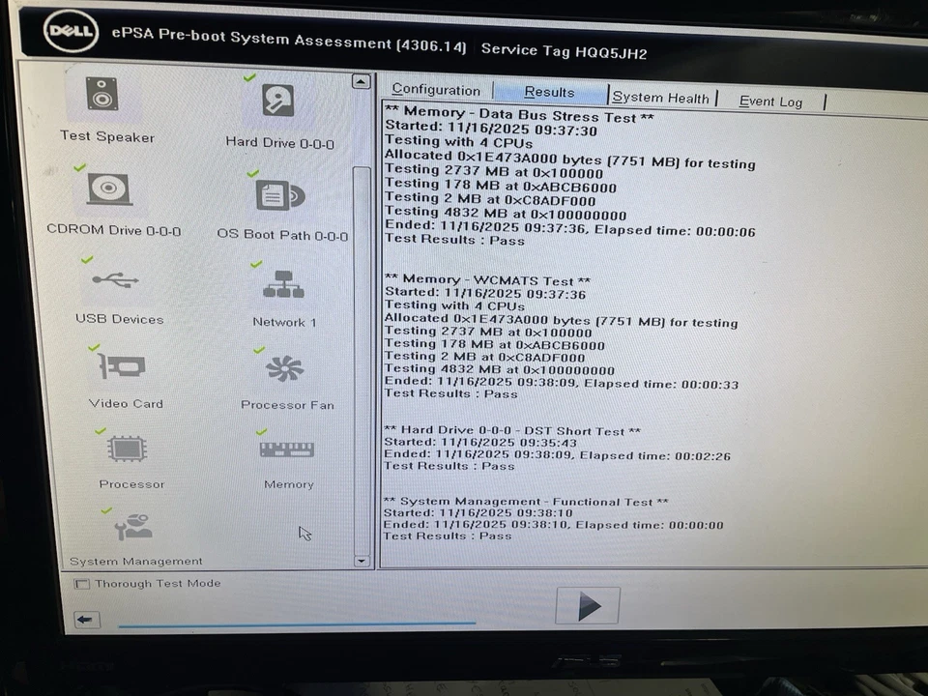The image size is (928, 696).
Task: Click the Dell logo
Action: click(x=71, y=33)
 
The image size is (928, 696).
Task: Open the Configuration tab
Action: click(x=436, y=90)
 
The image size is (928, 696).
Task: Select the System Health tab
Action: click(x=661, y=98)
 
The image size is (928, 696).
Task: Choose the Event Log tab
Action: click(x=770, y=101)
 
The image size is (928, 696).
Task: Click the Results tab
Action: click(x=549, y=92)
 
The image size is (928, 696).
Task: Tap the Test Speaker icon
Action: click(x=101, y=95)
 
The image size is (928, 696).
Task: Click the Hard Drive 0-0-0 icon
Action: click(x=277, y=101)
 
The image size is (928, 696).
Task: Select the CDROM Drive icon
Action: click(x=109, y=188)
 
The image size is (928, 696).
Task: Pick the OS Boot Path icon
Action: click(x=279, y=194)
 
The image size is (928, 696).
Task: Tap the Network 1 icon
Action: click(x=283, y=284)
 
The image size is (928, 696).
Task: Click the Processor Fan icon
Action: click(x=284, y=368)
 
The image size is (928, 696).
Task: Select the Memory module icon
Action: click(x=287, y=449)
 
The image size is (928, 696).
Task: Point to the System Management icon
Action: click(x=133, y=528)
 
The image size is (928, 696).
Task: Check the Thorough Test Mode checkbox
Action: click(x=82, y=584)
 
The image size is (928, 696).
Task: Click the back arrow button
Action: click(x=87, y=620)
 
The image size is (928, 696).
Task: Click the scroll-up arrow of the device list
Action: click(x=362, y=82)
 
